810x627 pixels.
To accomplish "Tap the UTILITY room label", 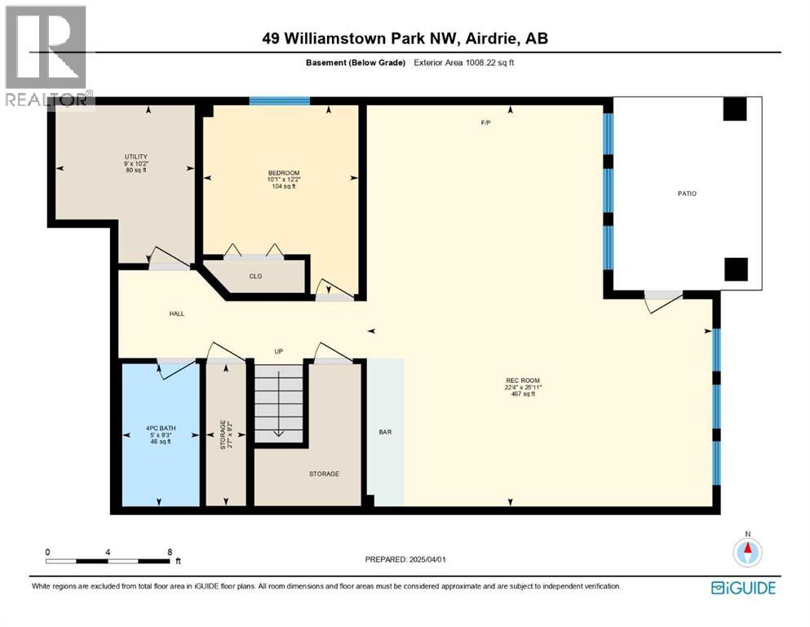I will click(135, 156).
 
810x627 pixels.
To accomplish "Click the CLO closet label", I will click(255, 276).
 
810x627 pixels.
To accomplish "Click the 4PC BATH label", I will click(161, 426).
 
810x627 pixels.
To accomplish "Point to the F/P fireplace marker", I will click(485, 123).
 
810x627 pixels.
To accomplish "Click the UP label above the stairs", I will click(278, 352).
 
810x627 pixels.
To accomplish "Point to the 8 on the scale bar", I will click(169, 552).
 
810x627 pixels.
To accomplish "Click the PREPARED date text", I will click(405, 559).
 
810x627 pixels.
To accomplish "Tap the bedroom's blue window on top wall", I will click(279, 100).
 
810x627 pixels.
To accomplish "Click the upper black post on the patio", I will click(735, 109).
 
